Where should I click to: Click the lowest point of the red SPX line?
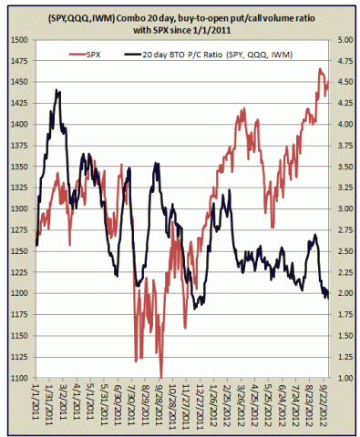pos(161,374)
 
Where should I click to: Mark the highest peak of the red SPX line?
pos(320,68)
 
